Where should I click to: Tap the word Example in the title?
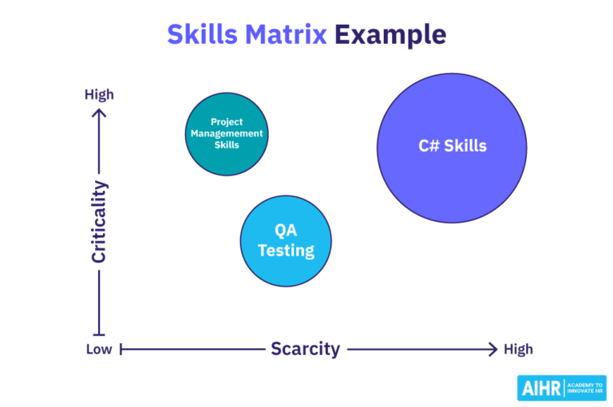(x=390, y=34)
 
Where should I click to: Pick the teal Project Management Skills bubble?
(x=226, y=133)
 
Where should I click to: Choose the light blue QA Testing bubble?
(x=286, y=240)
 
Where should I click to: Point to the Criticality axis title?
(x=99, y=222)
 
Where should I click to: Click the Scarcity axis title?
(x=305, y=349)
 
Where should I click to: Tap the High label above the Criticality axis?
(x=99, y=94)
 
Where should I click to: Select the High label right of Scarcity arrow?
(x=518, y=349)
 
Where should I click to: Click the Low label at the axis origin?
(x=99, y=349)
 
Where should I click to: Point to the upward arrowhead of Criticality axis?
(x=99, y=113)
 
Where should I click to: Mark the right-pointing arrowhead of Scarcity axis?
(x=492, y=349)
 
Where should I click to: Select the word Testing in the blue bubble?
(x=286, y=250)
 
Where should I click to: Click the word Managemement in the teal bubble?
(x=226, y=133)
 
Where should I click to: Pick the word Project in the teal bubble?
(x=226, y=122)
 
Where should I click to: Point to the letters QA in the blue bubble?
(x=286, y=231)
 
